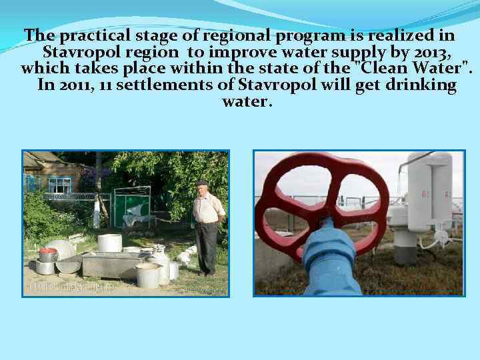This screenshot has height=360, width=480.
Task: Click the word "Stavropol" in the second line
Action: click(x=74, y=52)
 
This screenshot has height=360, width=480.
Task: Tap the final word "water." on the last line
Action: click(x=247, y=102)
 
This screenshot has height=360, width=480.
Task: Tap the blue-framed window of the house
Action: click(x=61, y=185)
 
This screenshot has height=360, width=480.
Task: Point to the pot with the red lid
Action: click(x=47, y=254)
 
